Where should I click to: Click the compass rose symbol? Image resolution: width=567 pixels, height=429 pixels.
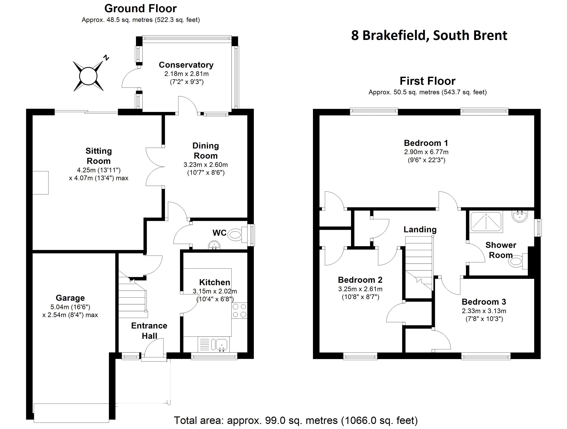(x=88, y=76)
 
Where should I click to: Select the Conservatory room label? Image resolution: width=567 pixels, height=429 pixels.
(x=186, y=65)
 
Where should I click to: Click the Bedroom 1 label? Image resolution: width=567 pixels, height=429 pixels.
(x=426, y=143)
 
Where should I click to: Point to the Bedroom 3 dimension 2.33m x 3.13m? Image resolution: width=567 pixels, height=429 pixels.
(x=484, y=311)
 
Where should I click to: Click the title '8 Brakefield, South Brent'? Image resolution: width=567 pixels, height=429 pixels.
(x=429, y=35)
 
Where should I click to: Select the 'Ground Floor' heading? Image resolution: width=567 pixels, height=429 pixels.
(x=140, y=9)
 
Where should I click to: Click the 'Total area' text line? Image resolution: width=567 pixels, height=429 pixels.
(x=296, y=421)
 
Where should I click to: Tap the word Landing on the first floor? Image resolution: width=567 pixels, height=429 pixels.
(x=420, y=229)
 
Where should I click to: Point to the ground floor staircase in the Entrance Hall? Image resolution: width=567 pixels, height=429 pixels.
(x=132, y=297)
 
